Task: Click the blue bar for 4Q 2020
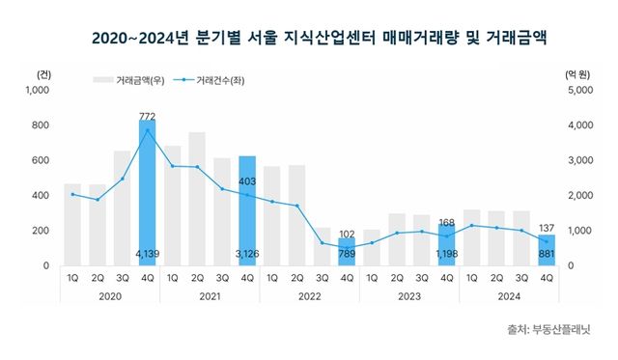[148, 193]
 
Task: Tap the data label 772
[148, 116]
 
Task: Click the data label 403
[247, 180]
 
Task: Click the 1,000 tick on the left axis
[37, 91]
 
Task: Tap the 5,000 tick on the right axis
[576, 91]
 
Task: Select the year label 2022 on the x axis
[309, 297]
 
